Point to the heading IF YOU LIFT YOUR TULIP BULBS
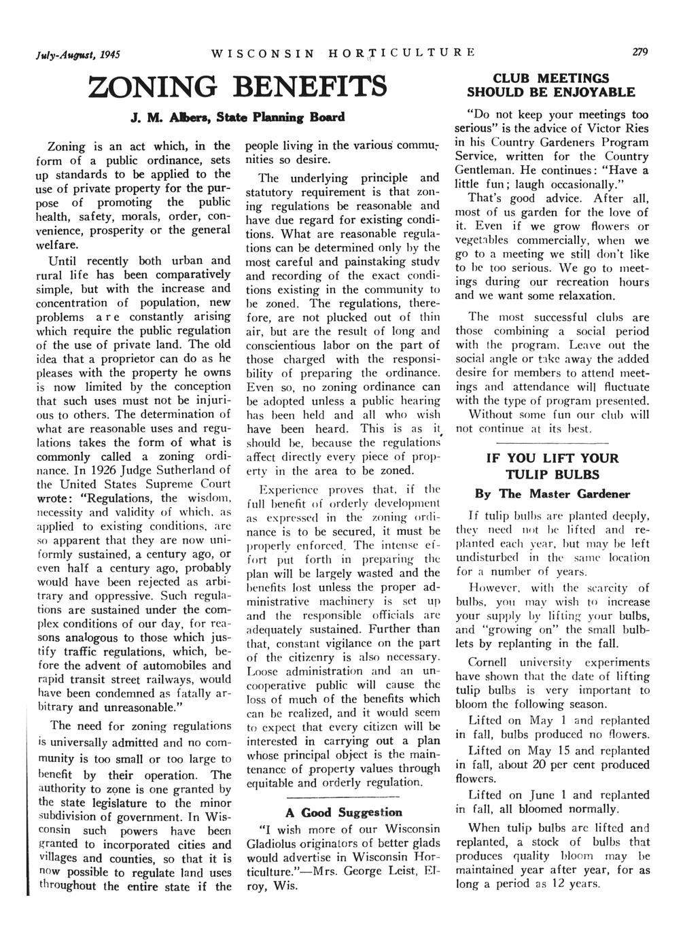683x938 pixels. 551,466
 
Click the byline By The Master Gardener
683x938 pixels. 551,494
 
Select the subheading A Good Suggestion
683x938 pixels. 343,812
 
